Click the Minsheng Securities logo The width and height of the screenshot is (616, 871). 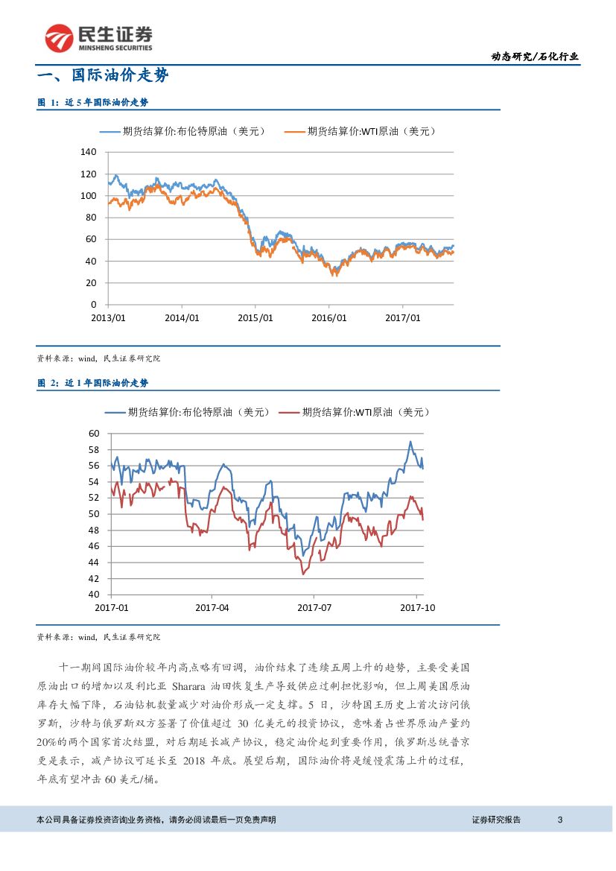pyautogui.click(x=98, y=37)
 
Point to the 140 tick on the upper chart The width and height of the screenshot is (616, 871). pyautogui.click(x=88, y=152)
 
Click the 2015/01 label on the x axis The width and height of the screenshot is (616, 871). pyautogui.click(x=255, y=317)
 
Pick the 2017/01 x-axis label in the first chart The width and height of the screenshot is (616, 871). pyautogui.click(x=403, y=317)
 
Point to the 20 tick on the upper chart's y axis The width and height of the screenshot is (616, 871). pyautogui.click(x=92, y=282)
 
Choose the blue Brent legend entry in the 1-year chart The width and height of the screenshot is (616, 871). pyautogui.click(x=190, y=412)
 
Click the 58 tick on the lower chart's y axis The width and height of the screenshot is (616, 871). pyautogui.click(x=94, y=449)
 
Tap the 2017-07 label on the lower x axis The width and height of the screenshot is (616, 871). pyautogui.click(x=314, y=607)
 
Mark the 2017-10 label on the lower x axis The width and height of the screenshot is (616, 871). pyautogui.click(x=417, y=607)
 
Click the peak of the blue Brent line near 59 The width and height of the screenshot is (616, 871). pyautogui.click(x=410, y=442)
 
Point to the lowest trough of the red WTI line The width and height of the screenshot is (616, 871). pyautogui.click(x=303, y=574)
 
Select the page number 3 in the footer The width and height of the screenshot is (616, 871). pyautogui.click(x=560, y=820)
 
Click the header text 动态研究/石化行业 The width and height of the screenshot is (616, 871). pyautogui.click(x=534, y=56)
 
